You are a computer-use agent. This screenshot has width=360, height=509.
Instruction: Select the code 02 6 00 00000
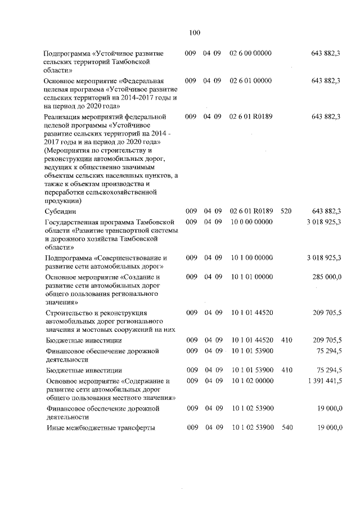(x=251, y=53)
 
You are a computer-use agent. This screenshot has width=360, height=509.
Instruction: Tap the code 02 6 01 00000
(x=251, y=81)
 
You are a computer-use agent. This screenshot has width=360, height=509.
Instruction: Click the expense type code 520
(x=286, y=211)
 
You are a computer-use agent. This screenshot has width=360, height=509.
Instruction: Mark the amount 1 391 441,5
(x=324, y=381)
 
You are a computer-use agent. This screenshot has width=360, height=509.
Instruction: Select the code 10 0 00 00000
(x=251, y=222)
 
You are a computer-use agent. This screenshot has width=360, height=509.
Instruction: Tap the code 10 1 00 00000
(x=251, y=258)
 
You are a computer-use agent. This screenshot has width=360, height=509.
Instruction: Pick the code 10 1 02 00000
(x=251, y=381)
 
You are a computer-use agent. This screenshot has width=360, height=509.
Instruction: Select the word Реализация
(x=64, y=116)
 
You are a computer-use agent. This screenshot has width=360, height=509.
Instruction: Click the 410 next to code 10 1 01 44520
(x=287, y=340)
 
